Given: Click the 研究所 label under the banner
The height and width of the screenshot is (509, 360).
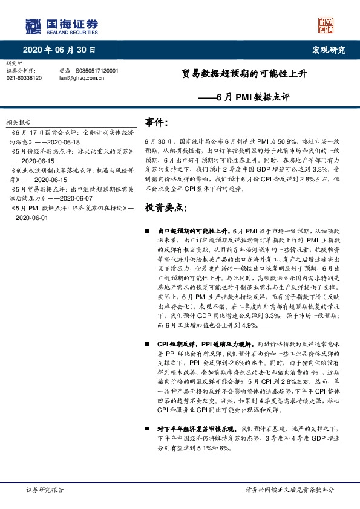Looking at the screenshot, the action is (13, 63).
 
